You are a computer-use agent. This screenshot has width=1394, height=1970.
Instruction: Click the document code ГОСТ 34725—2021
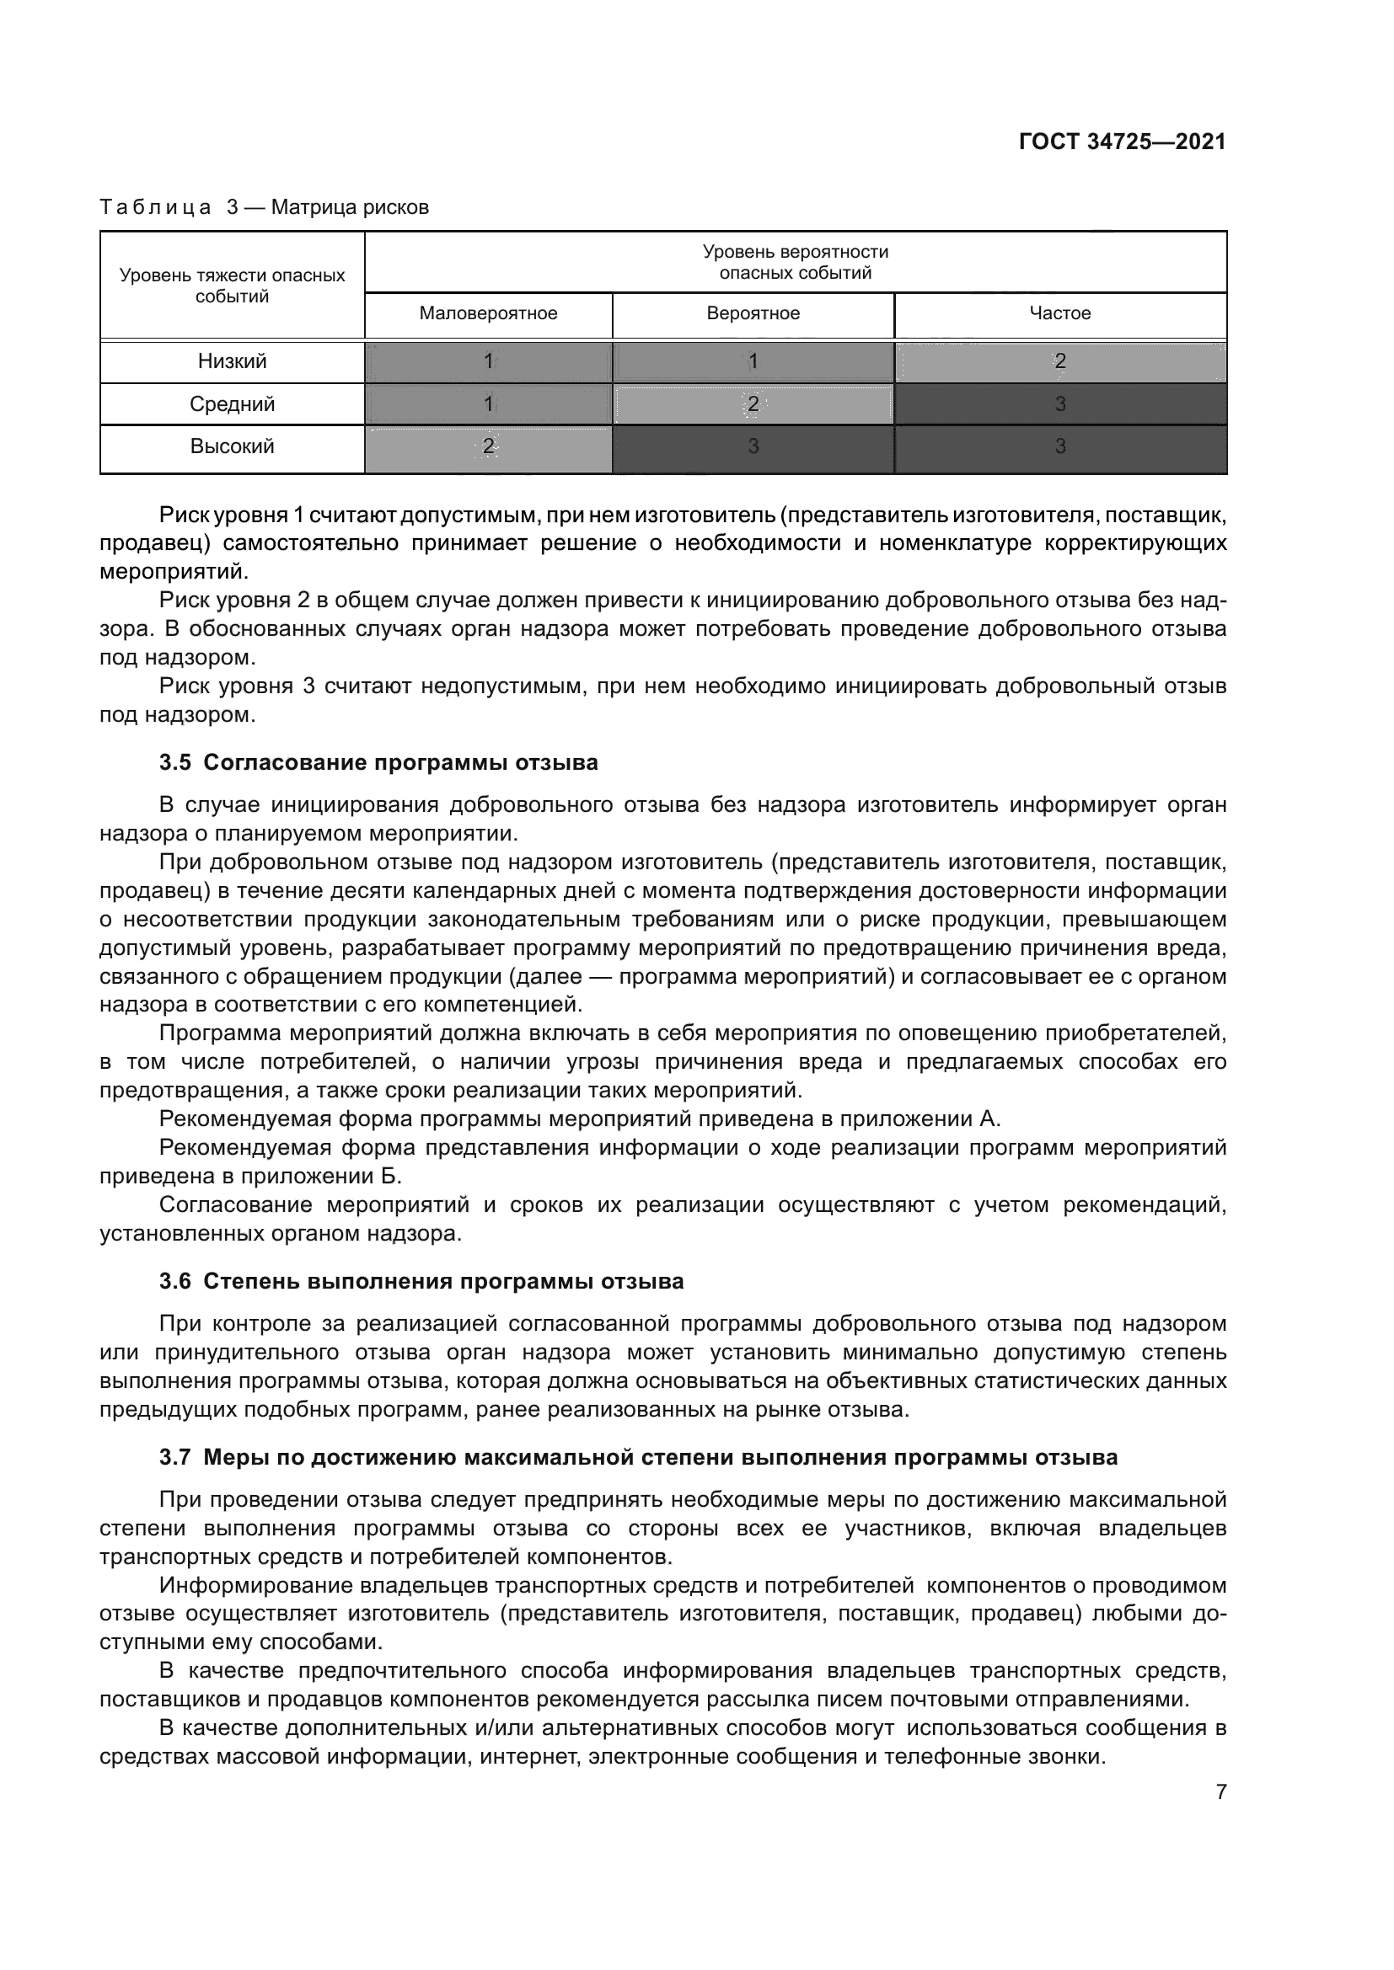1122,141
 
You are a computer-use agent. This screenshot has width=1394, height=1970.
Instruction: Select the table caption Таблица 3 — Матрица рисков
265,208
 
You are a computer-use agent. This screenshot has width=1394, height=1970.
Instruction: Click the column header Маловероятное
489,314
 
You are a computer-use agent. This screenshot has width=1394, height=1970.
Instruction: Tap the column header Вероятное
753,314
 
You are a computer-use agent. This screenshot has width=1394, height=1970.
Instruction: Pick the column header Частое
1060,314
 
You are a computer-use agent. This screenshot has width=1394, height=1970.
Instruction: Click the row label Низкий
233,362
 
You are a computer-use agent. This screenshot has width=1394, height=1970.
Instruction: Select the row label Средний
233,404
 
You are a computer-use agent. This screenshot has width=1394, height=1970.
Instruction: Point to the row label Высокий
233,447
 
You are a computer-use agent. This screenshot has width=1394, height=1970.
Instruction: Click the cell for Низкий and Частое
1060,362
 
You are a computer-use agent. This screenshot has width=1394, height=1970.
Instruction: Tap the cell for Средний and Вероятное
753,404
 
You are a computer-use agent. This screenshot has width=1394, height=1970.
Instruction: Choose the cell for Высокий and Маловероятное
489,447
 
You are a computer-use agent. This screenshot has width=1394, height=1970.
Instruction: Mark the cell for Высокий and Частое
1060,447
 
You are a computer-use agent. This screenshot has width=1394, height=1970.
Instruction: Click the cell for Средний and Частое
1060,404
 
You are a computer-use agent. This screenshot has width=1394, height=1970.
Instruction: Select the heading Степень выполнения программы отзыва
444,1282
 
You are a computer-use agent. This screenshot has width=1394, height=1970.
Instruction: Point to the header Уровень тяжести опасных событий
233,286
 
